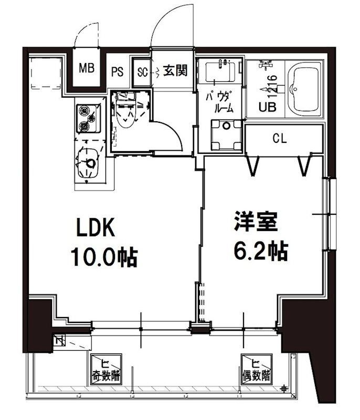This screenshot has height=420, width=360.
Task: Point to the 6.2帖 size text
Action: [x=260, y=252]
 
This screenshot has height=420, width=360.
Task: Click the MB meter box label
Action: [x=86, y=68]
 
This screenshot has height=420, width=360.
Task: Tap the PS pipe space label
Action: [x=117, y=71]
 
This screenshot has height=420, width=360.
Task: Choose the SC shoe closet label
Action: [x=142, y=71]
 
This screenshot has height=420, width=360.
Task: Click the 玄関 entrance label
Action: [x=175, y=70]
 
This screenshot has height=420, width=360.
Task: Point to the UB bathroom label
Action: [x=266, y=107]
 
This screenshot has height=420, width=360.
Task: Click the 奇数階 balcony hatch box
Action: [x=107, y=370]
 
